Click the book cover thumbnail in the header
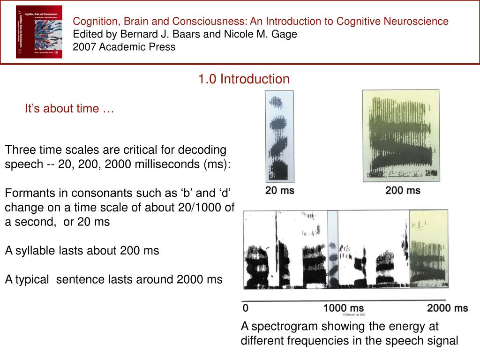tap(39, 32)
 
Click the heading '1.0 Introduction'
tap(244, 79)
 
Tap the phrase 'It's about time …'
tap(69, 109)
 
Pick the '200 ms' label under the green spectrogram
tap(403, 191)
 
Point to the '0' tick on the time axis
tap(246, 308)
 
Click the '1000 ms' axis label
tap(344, 308)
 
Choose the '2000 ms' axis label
tap(447, 308)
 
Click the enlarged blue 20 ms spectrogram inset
tap(280, 136)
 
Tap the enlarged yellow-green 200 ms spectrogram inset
tap(401, 136)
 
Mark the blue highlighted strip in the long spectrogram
tap(332, 249)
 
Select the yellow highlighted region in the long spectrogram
tap(427, 249)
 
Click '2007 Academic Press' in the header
tap(124, 47)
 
